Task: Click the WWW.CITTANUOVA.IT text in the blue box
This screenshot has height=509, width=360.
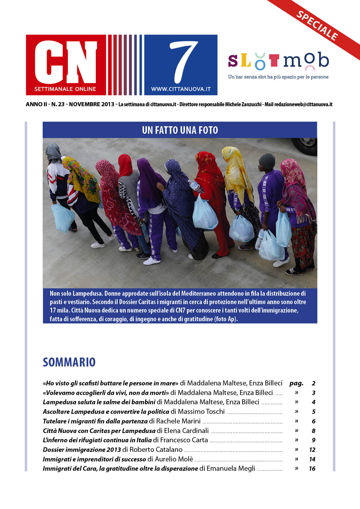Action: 181,89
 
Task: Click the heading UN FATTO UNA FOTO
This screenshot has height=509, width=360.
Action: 180,130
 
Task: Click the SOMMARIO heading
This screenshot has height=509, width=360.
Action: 69,362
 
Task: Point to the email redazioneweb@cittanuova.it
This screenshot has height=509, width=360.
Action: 303,104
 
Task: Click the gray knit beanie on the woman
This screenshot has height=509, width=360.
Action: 267,162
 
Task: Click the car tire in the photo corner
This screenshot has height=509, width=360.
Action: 305,145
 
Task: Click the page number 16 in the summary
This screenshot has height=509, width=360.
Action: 312,469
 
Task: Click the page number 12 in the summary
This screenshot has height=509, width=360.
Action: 312,450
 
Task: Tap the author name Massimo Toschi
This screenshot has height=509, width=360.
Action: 201,411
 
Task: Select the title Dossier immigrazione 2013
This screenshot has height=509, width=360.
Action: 82,450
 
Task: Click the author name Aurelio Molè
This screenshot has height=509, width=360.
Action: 174,459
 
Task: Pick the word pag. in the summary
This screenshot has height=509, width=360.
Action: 296,383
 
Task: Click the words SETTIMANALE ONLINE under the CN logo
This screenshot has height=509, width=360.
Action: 65,89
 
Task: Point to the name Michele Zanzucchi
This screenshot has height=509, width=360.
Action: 243,104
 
